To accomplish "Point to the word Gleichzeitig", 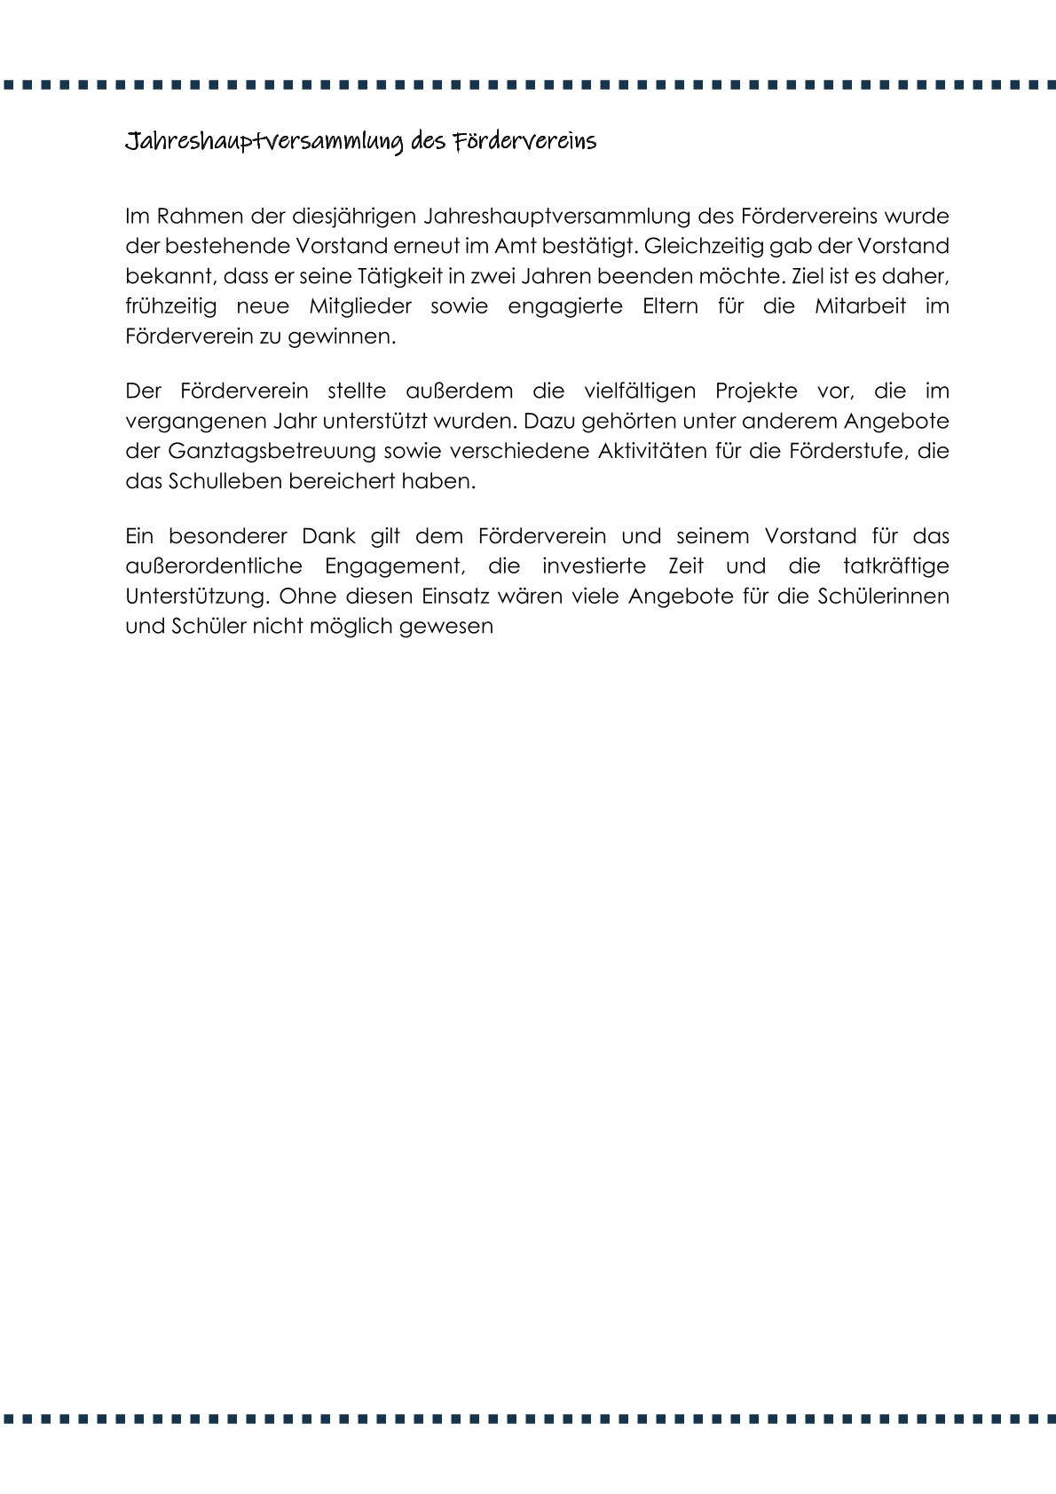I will coord(713,245).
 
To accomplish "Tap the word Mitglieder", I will coord(359,305).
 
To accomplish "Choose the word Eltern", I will coord(665,305).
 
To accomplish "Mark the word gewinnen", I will coord(352,336).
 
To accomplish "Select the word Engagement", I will coord(393,566).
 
